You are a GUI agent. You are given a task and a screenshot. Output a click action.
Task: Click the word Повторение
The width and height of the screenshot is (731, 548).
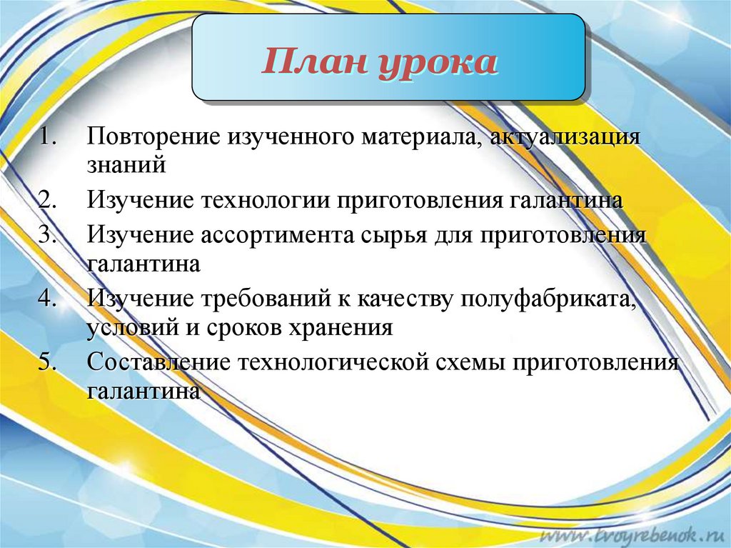tap(153, 136)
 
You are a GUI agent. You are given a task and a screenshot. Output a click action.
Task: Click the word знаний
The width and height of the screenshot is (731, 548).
tap(127, 166)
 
